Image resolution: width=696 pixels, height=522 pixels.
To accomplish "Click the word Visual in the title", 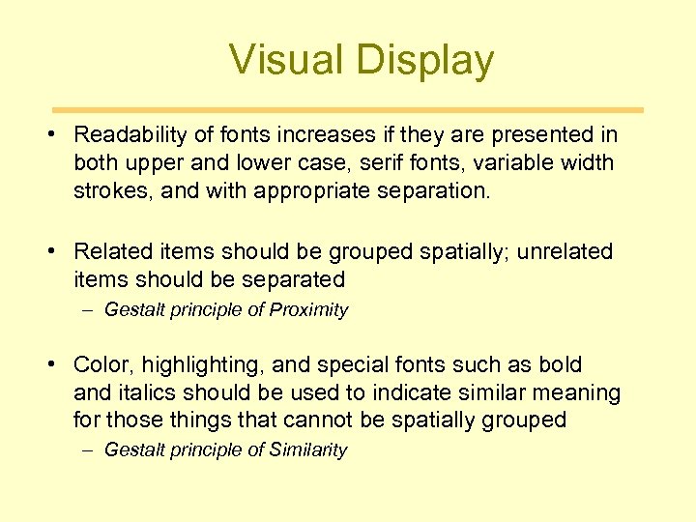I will [287, 60].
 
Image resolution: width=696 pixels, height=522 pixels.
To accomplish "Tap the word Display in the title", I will [424, 60].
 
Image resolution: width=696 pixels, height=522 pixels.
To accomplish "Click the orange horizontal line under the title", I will [347, 110].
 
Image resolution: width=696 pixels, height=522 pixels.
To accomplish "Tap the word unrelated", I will [565, 251].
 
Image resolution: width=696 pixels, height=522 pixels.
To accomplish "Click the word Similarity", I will [307, 449].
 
